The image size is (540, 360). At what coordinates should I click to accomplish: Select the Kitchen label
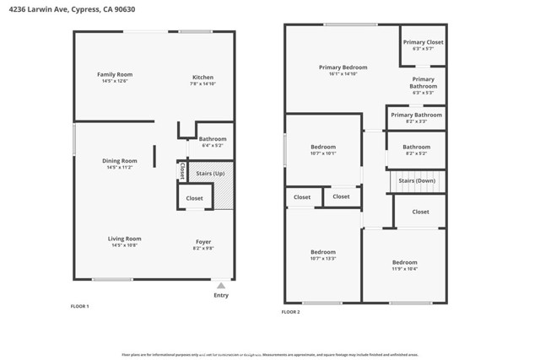point(202,77)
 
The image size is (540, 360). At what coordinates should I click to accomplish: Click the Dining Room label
point(119,160)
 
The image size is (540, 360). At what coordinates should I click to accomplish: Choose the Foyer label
point(203,241)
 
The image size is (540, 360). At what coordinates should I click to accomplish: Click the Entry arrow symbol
point(221,285)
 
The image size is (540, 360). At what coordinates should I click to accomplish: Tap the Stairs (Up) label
point(209,174)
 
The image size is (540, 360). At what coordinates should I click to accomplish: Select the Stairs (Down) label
point(416,180)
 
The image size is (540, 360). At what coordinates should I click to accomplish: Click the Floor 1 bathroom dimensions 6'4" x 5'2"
point(212,145)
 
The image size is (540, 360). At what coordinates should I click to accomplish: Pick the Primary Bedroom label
point(343,67)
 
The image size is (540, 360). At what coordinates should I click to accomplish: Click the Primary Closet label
point(423,42)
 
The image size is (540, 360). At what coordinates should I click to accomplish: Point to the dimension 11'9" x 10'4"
point(405,269)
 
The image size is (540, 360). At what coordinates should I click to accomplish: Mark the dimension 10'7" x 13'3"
point(323,259)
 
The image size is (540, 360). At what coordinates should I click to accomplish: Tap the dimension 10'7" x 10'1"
point(323,153)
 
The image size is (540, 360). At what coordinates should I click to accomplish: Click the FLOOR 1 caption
point(79,305)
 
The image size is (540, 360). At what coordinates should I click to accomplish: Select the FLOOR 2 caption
point(290,312)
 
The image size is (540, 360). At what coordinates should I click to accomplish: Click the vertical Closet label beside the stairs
point(181,170)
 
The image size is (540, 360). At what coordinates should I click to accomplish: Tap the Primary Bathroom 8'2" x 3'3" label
point(416,115)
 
